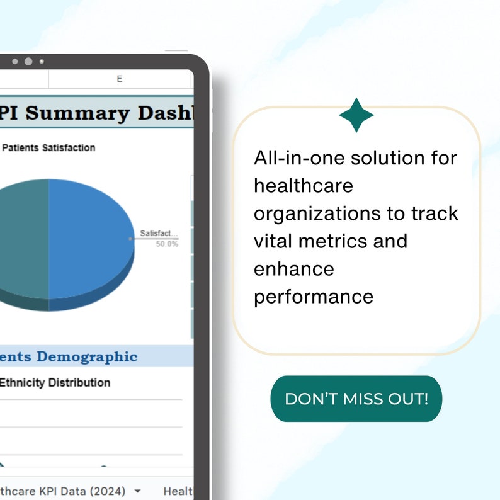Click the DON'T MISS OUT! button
click(x=356, y=399)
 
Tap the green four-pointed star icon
click(x=356, y=115)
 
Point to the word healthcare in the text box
click(x=304, y=186)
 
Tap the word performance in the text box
click(x=314, y=296)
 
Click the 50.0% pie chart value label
click(x=167, y=244)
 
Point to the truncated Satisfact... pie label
click(x=159, y=234)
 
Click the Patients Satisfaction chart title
click(x=49, y=148)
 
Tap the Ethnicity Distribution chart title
click(x=55, y=382)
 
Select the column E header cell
click(x=120, y=79)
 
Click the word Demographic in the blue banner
click(x=87, y=357)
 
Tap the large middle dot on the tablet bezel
click(x=28, y=61)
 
